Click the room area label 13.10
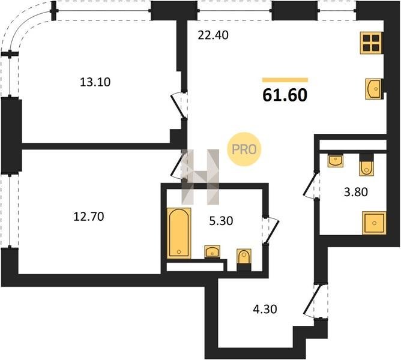pyautogui.click(x=95, y=82)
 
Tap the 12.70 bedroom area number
pyautogui.click(x=89, y=217)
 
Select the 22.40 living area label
pyautogui.click(x=213, y=35)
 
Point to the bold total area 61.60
pyautogui.click(x=285, y=95)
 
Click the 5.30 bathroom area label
pyautogui.click(x=221, y=221)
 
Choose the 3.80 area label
pyautogui.click(x=356, y=192)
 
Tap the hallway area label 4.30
pyautogui.click(x=265, y=309)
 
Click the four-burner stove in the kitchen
pyautogui.click(x=371, y=43)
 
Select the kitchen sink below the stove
pyautogui.click(x=373, y=89)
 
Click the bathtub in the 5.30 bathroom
pyautogui.click(x=179, y=233)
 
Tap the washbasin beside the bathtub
pyautogui.click(x=213, y=251)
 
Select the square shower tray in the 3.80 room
pyautogui.click(x=374, y=223)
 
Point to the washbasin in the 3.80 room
pyautogui.click(x=336, y=161)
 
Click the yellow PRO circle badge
pyautogui.click(x=244, y=149)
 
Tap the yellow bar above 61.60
pyautogui.click(x=285, y=80)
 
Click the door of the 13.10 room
pyautogui.click(x=178, y=106)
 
